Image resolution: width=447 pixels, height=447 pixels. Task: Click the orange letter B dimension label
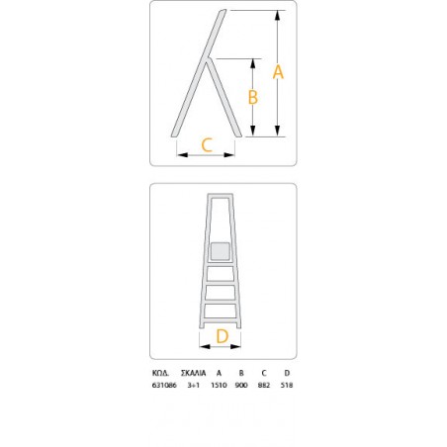click(252, 97)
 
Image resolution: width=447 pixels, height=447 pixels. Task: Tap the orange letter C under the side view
click(207, 144)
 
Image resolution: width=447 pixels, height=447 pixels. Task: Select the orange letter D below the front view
click(222, 336)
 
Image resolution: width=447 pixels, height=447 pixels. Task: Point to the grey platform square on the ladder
click(221, 251)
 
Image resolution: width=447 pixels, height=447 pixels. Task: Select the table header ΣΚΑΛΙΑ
click(193, 374)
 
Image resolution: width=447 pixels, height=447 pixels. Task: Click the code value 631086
click(164, 385)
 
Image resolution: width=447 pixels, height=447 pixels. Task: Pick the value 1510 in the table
click(219, 385)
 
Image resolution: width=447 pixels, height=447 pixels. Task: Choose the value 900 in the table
click(241, 385)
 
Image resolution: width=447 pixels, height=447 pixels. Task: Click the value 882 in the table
click(264, 385)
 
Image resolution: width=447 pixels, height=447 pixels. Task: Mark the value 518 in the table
click(286, 385)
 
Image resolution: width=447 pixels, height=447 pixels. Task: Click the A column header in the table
click(219, 374)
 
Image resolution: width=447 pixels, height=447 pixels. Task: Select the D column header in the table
click(286, 374)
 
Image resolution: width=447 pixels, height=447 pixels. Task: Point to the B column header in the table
click(241, 374)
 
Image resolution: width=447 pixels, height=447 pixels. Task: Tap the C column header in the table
click(264, 374)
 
